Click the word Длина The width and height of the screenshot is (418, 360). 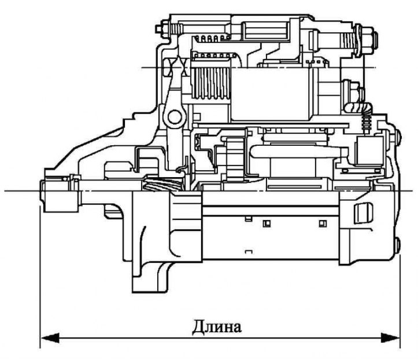point(217,326)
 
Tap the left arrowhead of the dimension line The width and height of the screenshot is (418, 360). point(50,338)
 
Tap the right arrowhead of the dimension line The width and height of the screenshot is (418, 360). point(390,338)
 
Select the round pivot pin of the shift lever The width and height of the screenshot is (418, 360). point(175,117)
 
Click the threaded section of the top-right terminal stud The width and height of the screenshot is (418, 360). point(348,42)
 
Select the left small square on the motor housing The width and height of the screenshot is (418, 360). point(267,223)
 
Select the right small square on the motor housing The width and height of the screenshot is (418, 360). point(323,223)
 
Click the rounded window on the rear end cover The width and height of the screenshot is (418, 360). point(363,213)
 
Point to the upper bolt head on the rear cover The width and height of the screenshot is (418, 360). point(398,138)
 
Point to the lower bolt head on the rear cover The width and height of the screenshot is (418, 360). point(397,246)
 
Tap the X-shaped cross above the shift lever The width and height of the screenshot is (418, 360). point(176,67)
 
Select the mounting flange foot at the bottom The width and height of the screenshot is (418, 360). point(150,278)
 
